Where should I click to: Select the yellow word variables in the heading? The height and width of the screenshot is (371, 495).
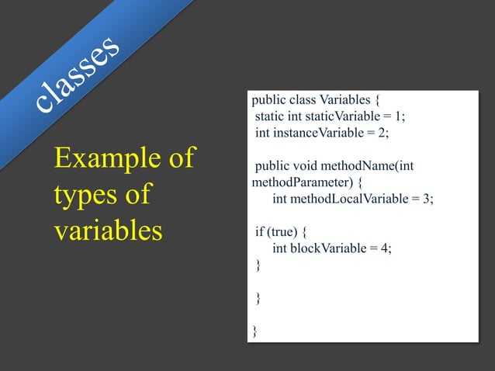point(108,231)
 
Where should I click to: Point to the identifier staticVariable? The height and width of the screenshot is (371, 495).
point(338,116)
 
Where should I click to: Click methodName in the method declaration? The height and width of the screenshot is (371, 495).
point(360,165)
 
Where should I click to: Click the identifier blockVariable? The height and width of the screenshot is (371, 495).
point(331,248)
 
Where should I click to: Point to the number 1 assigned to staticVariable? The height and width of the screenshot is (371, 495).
point(398,116)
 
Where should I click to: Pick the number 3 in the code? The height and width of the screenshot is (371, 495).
point(426,199)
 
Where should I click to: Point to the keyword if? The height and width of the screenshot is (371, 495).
point(259,232)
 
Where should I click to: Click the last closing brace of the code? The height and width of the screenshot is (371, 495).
point(254,332)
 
